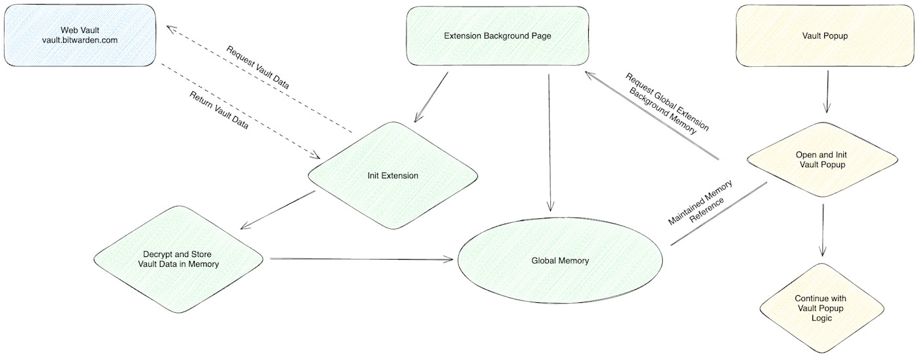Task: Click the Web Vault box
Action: click(x=79, y=35)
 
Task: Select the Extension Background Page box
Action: click(x=497, y=36)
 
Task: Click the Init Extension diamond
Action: click(x=393, y=176)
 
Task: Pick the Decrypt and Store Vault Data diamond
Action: click(x=178, y=258)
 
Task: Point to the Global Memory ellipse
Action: click(x=559, y=260)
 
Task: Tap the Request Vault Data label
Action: click(x=258, y=67)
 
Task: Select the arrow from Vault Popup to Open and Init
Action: click(x=827, y=92)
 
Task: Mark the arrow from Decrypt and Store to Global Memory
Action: click(x=361, y=259)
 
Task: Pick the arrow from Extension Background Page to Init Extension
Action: click(x=431, y=96)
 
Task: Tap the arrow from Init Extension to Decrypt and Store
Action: click(x=278, y=209)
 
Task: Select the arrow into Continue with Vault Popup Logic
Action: click(x=823, y=230)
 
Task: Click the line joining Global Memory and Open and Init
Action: click(x=718, y=214)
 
